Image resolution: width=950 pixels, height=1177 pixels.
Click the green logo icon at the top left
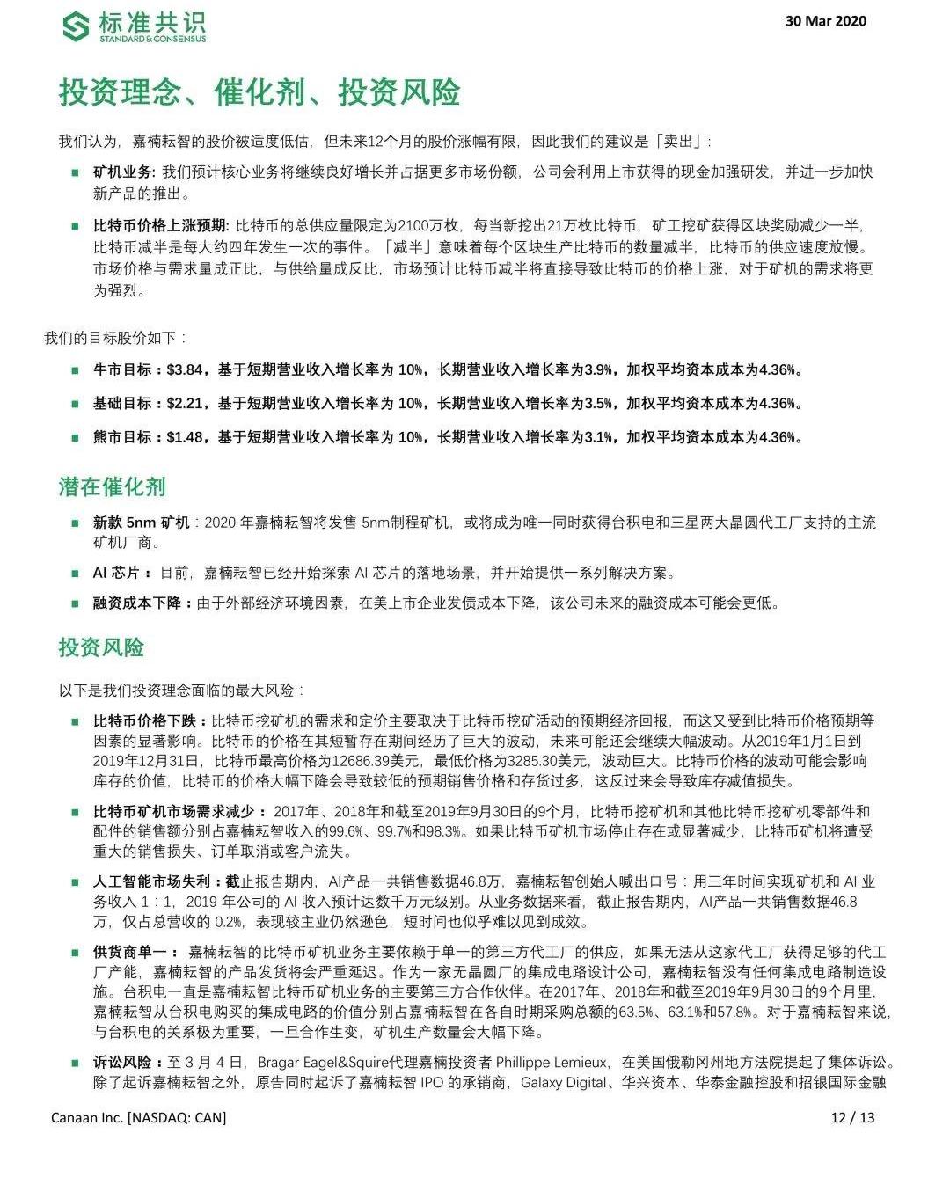click(x=76, y=26)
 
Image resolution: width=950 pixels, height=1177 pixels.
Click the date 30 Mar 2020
click(x=825, y=21)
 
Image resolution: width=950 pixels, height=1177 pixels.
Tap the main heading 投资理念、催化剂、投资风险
click(x=259, y=91)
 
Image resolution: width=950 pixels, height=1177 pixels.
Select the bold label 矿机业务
click(x=123, y=172)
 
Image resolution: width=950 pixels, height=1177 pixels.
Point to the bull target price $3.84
click(x=185, y=370)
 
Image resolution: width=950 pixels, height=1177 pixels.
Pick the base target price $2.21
click(x=185, y=404)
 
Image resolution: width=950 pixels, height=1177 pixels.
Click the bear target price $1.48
click(x=185, y=437)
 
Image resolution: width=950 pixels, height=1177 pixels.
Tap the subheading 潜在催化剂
click(x=112, y=487)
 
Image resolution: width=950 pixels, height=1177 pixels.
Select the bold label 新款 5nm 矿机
click(x=141, y=523)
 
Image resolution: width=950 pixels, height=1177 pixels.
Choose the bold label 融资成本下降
click(x=137, y=603)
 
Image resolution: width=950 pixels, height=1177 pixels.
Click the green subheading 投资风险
click(x=101, y=648)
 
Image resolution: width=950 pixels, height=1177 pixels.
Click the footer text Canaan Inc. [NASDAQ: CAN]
click(x=138, y=1118)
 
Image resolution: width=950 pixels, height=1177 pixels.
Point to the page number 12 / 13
click(x=852, y=1118)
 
